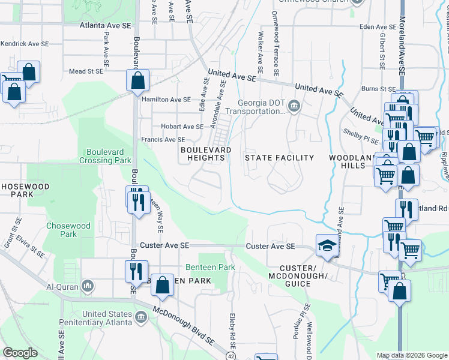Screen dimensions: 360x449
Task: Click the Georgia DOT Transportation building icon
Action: coord(294,106)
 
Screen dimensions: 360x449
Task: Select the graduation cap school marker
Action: coord(327,247)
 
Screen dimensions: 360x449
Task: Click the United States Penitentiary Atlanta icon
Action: coord(140,316)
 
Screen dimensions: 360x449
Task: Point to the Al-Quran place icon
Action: coord(88,284)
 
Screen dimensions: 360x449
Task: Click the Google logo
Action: coord(20,353)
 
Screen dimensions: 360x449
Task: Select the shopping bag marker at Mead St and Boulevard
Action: coord(137,80)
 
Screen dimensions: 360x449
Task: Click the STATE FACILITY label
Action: coord(279,158)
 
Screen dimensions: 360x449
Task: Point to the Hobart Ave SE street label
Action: coord(182,127)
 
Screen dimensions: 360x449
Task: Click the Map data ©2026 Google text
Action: coord(411,355)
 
